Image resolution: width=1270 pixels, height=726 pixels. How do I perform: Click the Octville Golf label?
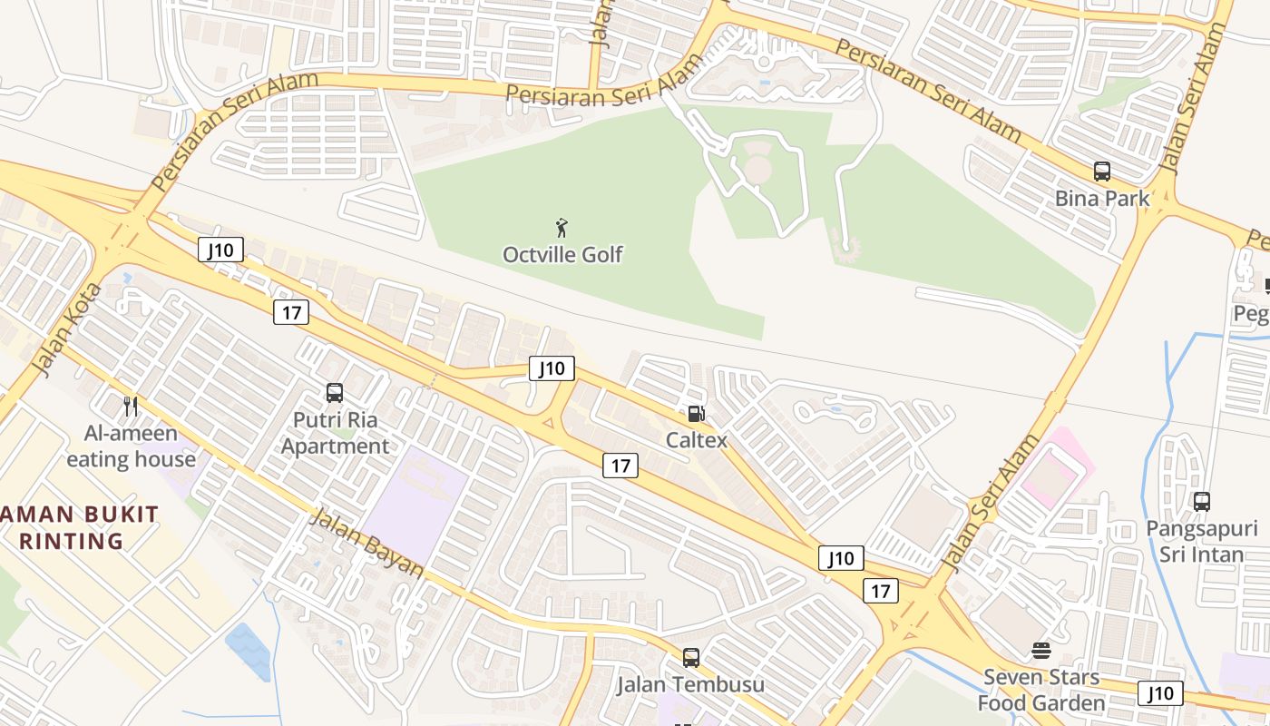[x=562, y=254]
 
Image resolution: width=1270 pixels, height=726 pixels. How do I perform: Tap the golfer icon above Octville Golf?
[x=562, y=227]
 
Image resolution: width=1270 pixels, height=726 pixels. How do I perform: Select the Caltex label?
[x=696, y=440]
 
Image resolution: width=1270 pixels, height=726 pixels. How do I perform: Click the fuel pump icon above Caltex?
[x=696, y=414]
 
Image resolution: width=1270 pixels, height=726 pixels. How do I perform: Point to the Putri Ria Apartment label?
[x=335, y=433]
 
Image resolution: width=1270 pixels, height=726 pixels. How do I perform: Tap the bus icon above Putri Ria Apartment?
[x=335, y=393]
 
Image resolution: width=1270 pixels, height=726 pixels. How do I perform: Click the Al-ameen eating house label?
[x=131, y=446]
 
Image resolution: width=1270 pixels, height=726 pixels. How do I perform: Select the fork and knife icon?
[x=131, y=406]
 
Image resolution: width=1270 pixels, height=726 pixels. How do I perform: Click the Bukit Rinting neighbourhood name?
[x=73, y=528]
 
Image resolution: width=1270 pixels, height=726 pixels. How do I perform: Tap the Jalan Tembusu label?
[x=690, y=684]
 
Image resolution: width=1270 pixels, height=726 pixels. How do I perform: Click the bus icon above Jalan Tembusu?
[x=690, y=657]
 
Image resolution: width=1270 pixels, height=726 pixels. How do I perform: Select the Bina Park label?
[x=1101, y=198]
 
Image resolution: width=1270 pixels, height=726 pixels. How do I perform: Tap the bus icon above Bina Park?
[x=1101, y=171]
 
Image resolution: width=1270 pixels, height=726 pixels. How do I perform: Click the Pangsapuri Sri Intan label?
[x=1201, y=541]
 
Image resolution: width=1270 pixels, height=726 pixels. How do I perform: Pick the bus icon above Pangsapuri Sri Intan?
[x=1201, y=501]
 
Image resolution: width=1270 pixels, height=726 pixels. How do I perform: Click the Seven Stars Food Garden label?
[x=1040, y=690]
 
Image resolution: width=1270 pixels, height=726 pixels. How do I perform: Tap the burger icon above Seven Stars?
[x=1040, y=650]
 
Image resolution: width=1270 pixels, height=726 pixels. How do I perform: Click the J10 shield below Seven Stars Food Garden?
[x=1160, y=693]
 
